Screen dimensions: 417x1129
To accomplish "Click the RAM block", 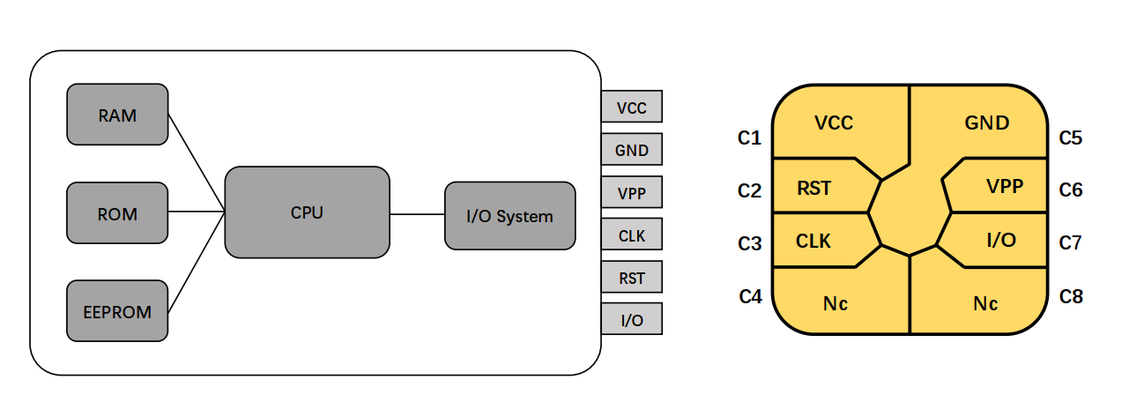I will [117, 114].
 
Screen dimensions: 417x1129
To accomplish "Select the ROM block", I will [117, 213].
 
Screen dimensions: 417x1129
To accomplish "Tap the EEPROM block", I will [117, 311].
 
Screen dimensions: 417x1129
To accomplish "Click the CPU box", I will [307, 212].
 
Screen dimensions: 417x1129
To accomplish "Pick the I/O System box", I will [510, 216].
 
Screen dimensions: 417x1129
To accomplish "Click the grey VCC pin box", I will [631, 107].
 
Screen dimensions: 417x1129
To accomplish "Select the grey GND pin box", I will [631, 150].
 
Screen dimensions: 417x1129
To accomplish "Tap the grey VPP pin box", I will [631, 192].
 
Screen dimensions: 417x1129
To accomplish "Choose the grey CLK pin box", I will [631, 235].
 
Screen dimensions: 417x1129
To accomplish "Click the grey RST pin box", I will [631, 278].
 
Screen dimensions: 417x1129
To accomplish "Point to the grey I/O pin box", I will [631, 319].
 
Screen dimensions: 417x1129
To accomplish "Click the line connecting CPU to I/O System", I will [417, 213].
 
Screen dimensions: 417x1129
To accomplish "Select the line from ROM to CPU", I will [196, 212].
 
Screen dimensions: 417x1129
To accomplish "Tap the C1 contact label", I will [749, 138].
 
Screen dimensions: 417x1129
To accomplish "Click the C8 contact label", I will [1071, 296].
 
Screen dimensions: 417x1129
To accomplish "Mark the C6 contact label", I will [1071, 190].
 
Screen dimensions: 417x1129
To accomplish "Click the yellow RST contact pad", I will [815, 187].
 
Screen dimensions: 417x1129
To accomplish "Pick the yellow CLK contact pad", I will [815, 241].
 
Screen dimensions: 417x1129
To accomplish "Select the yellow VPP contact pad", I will [1000, 187].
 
